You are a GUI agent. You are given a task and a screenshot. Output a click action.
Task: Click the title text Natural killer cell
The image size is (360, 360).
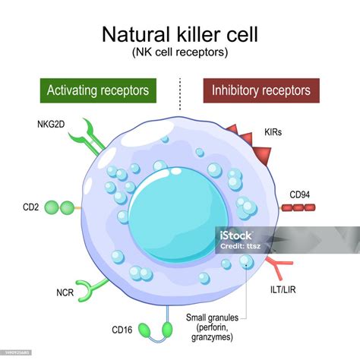[x=180, y=35]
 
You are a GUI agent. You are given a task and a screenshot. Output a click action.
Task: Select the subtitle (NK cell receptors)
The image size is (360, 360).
[x=180, y=52]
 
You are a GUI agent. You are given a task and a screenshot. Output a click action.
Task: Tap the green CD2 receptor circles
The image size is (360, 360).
[x=60, y=206]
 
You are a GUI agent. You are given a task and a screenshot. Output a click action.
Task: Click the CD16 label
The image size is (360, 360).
[x=123, y=330]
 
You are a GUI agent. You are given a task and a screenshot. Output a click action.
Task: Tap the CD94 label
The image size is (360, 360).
[x=301, y=194]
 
